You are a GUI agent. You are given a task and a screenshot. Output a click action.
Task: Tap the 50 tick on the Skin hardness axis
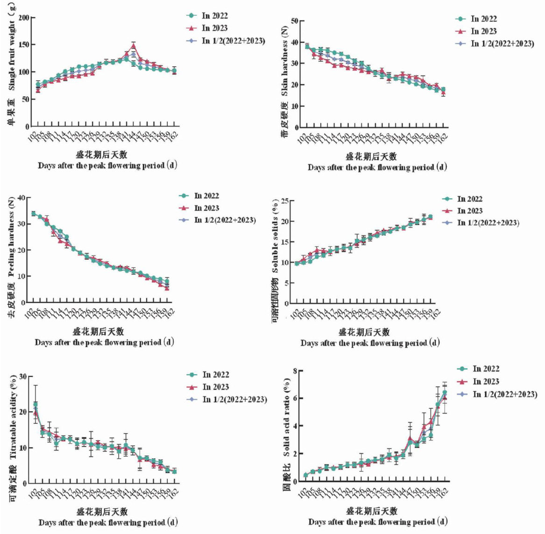294,21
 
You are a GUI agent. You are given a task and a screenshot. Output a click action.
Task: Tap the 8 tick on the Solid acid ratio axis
294,371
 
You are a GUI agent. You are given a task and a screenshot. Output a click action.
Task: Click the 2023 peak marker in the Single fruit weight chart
134,45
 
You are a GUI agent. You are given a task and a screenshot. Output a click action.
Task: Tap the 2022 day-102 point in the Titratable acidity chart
35,404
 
